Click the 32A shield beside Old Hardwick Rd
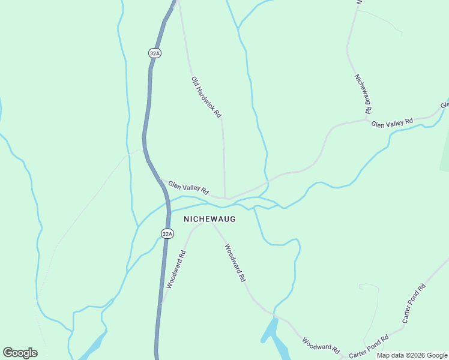click(x=155, y=53)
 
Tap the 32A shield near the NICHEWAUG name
click(x=167, y=233)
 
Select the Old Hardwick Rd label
click(x=206, y=96)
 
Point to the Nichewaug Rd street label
click(x=363, y=94)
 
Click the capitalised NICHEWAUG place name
click(x=209, y=220)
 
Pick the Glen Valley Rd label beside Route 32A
click(x=188, y=188)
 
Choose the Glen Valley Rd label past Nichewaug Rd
click(x=393, y=123)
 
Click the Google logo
click(x=20, y=353)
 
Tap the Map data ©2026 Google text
click(x=412, y=355)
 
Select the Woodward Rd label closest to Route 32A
click(x=176, y=269)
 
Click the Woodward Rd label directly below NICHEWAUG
click(x=235, y=263)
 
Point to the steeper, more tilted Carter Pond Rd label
click(x=414, y=303)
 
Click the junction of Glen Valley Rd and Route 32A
click(x=161, y=179)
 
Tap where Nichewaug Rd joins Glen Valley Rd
click(x=367, y=119)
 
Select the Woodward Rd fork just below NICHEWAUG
click(x=211, y=223)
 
